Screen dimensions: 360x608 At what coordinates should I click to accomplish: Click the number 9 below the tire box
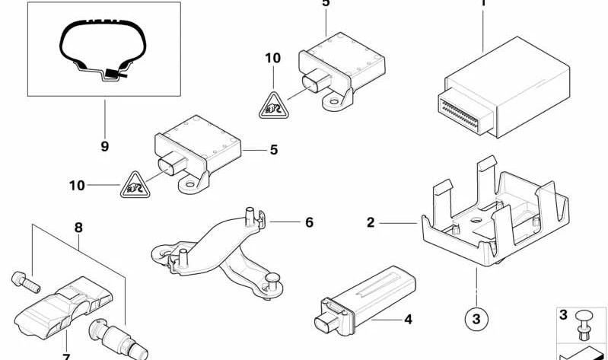click(104, 146)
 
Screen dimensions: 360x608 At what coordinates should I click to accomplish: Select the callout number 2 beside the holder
click(371, 223)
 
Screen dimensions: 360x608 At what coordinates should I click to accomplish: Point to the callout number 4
click(408, 319)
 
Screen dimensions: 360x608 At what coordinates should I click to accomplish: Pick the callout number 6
click(309, 222)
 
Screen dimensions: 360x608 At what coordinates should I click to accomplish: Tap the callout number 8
click(78, 227)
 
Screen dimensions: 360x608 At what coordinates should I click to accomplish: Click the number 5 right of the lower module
click(273, 150)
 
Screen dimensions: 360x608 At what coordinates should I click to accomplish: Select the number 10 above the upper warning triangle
click(272, 57)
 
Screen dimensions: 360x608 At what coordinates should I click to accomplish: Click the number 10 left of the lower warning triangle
click(75, 185)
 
